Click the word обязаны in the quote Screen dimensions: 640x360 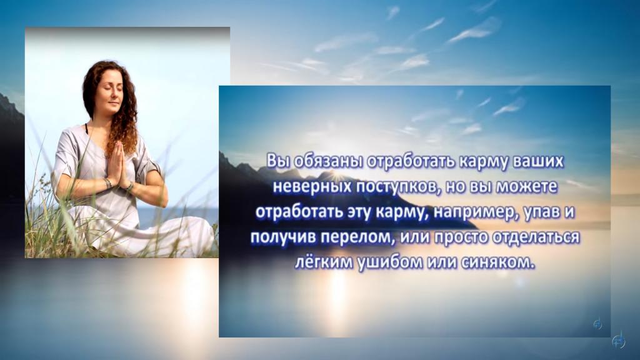pyautogui.click(x=329, y=161)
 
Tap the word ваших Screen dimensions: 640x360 pyautogui.click(x=537, y=161)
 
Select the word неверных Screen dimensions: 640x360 pyautogui.click(x=312, y=186)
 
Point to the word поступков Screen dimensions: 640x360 pyautogui.click(x=399, y=187)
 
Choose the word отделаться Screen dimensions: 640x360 pyautogui.click(x=536, y=237)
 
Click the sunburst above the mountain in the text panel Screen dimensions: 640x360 pyautogui.click(x=336, y=175)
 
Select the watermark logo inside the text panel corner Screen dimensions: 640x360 pyautogui.click(x=597, y=324)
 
